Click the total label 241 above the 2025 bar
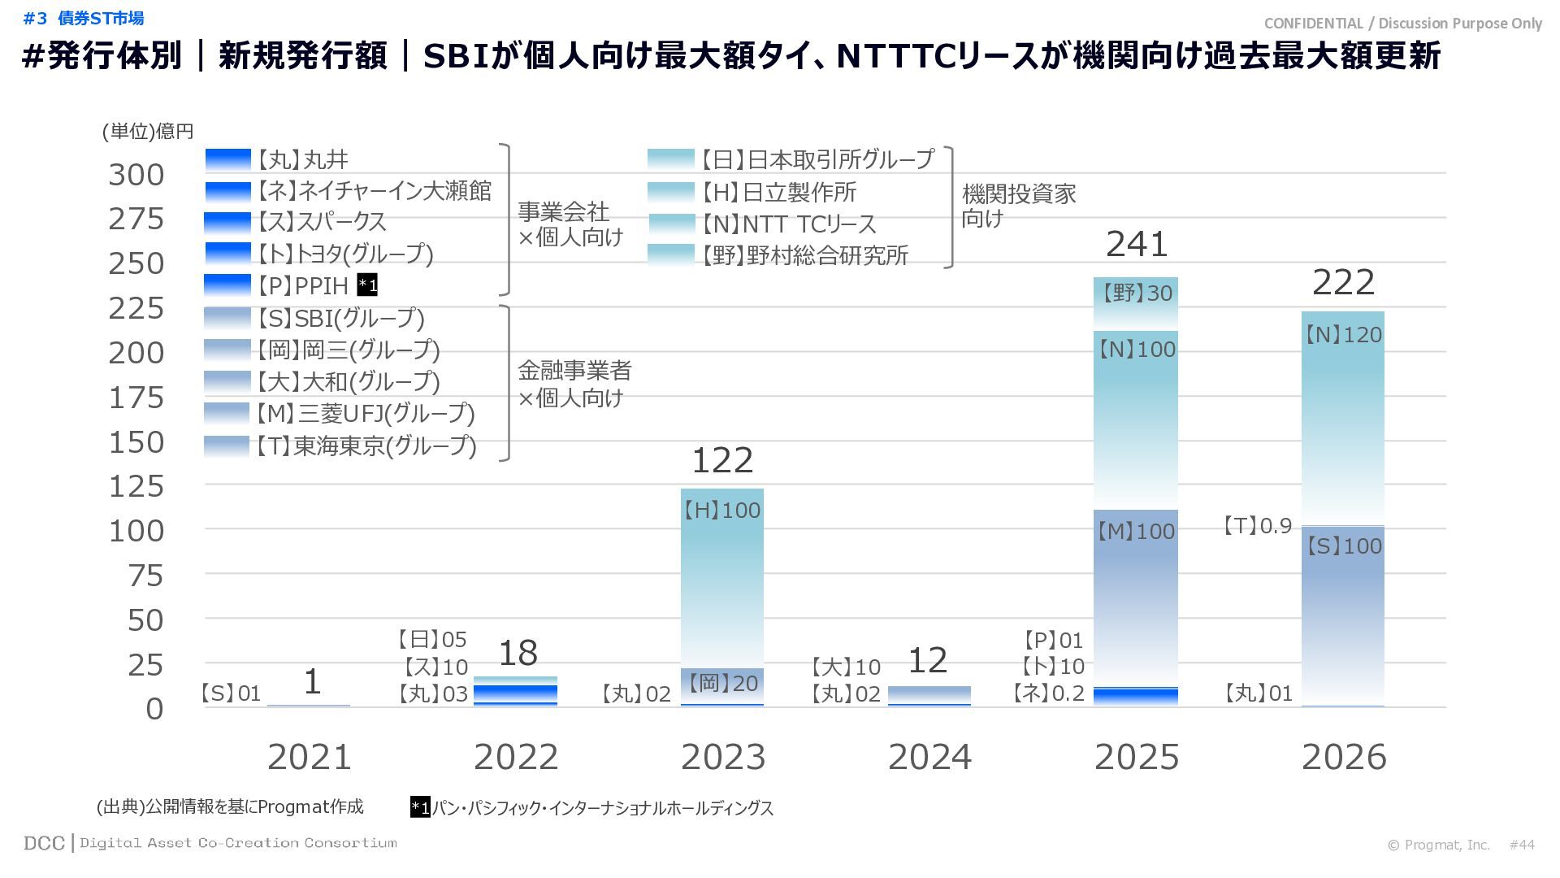coord(1137,244)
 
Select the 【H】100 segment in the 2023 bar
coord(721,569)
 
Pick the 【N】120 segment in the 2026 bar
coord(1343,406)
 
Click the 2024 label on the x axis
coord(929,757)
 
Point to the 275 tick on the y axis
coord(136,219)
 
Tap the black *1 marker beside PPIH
coord(367,285)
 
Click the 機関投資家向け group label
coord(1018,206)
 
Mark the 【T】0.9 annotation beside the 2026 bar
coord(1258,526)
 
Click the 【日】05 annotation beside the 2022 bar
coord(431,640)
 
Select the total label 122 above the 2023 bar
coord(722,461)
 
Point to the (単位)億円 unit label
coord(148,131)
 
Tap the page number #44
coord(1522,845)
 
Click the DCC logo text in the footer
coord(44,843)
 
